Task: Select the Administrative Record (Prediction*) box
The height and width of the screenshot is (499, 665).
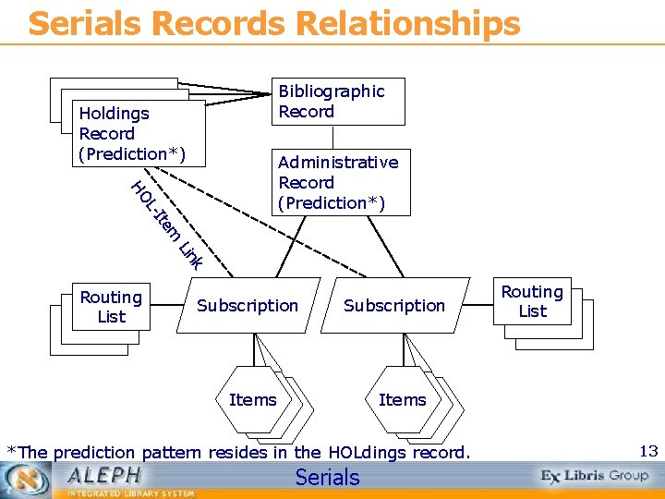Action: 338,182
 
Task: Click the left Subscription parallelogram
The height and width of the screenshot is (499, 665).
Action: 248,305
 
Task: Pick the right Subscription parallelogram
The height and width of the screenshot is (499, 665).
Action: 394,305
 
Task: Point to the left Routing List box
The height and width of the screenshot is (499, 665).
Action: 111,307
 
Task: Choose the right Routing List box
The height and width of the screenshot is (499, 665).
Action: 532,301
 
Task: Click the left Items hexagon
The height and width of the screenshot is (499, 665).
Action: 252,399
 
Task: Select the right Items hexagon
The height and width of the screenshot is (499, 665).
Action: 403,399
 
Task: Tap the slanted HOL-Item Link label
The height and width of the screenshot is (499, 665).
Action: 167,225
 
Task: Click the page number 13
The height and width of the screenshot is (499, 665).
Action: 648,451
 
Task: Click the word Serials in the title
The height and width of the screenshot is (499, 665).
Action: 78,23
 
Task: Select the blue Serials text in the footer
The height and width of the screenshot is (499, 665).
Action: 327,477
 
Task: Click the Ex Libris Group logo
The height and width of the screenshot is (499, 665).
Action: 595,476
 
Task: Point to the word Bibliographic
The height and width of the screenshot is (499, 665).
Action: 332,91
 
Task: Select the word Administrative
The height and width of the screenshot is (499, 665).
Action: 338,163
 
